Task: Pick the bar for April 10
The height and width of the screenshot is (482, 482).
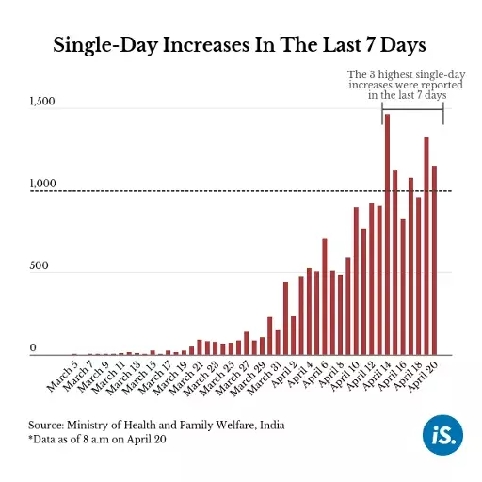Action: pyautogui.click(x=356, y=281)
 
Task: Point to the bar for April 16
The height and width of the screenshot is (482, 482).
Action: pyautogui.click(x=403, y=287)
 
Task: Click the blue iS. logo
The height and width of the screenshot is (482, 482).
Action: pyautogui.click(x=442, y=435)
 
